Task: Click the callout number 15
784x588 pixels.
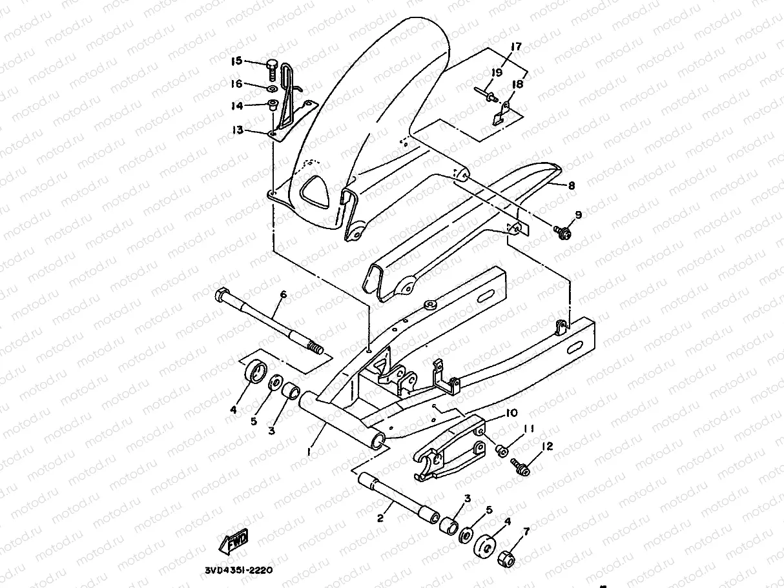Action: point(236,61)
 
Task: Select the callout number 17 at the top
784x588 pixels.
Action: point(515,46)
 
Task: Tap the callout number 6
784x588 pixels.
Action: point(283,295)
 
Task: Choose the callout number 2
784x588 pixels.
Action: point(381,518)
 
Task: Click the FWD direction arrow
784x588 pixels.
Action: point(235,543)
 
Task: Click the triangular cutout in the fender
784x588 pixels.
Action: point(317,192)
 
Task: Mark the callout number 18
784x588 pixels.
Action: point(518,84)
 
